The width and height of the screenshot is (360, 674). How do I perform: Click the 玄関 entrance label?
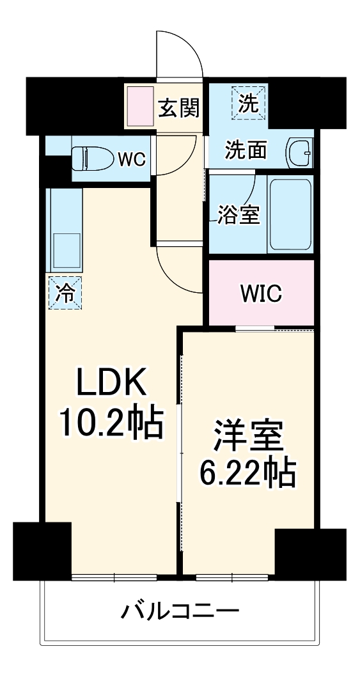click(178, 107)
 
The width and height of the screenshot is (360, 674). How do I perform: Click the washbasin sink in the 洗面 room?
click(299, 152)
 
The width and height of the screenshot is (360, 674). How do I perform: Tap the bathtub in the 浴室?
click(290, 214)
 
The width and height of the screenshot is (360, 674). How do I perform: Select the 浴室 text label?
click(239, 216)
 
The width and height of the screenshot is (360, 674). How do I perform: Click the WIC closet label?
click(261, 294)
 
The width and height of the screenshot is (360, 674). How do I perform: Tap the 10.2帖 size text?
click(110, 423)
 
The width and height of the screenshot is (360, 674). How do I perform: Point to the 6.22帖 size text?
click(248, 474)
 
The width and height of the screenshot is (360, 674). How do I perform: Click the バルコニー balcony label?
click(180, 613)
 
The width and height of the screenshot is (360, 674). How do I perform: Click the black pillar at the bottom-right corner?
click(311, 554)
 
